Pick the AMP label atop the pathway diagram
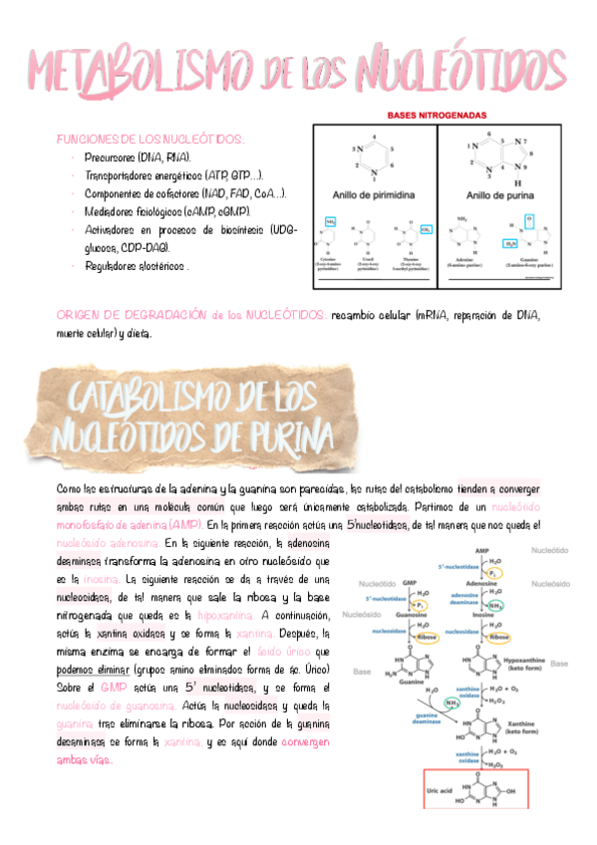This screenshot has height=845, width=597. click(481, 550)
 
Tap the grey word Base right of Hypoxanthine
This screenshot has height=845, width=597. click(559, 664)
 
